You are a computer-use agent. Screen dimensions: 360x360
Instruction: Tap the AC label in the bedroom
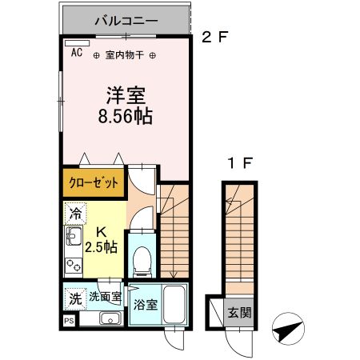pos(77,53)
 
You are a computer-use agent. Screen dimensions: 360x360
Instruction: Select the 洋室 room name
pos(125,94)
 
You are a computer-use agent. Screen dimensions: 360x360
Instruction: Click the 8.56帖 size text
pos(125,115)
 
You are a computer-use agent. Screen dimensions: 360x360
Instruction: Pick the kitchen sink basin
pos(71,238)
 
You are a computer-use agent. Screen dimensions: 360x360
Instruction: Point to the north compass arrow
pos(289,327)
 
